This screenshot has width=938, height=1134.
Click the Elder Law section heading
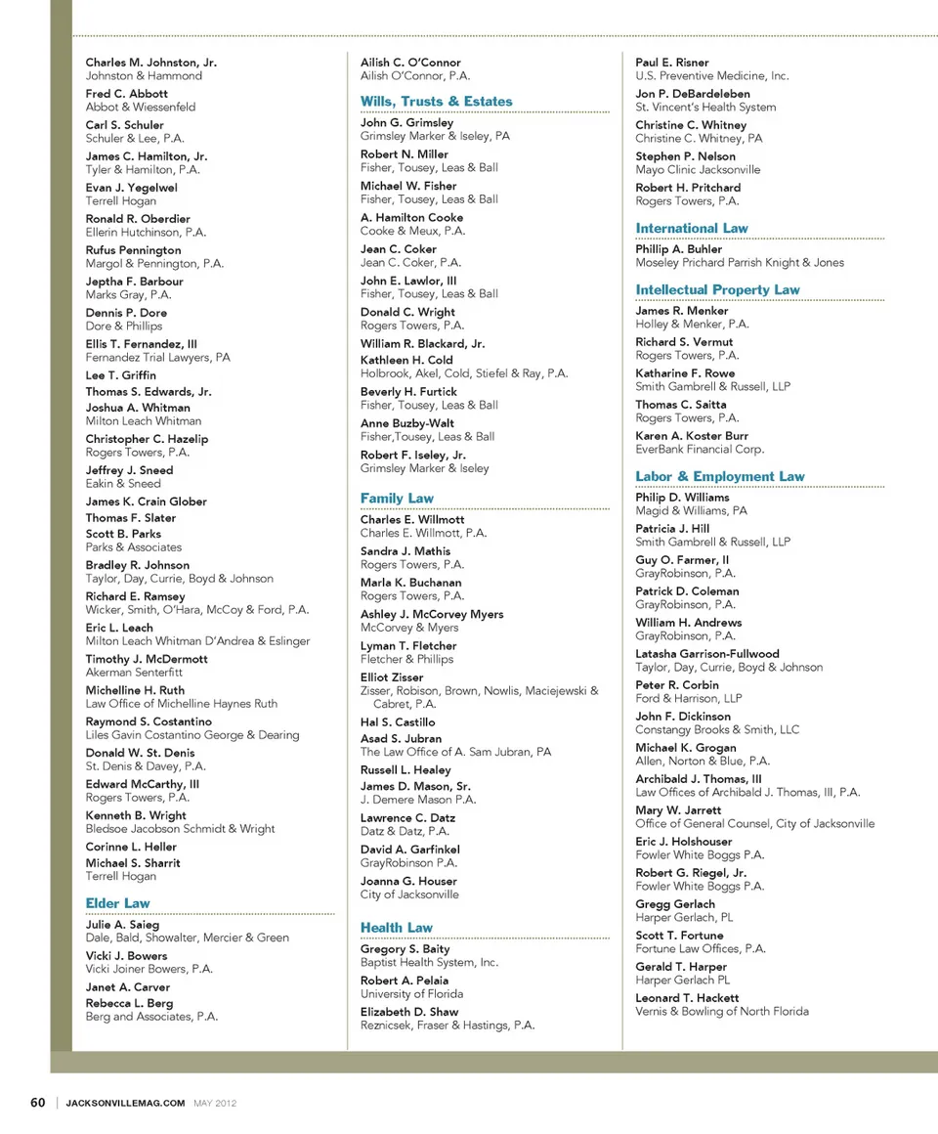coord(117,903)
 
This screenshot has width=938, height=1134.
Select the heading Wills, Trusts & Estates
coord(436,102)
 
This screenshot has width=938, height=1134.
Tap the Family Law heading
coord(396,499)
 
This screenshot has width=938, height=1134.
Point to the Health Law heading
coord(396,928)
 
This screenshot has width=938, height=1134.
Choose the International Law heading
coord(691,229)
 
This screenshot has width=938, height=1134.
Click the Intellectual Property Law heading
coord(717,290)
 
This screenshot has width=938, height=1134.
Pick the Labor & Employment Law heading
coord(719,477)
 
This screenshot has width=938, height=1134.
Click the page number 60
coord(38,1103)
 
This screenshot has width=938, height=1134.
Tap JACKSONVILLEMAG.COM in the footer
coord(125,1104)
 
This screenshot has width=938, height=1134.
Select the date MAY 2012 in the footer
coord(215,1104)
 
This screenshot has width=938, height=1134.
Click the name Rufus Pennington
coord(133,250)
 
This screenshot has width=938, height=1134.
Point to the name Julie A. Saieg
coord(122,925)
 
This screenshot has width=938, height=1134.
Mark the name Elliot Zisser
coord(392,677)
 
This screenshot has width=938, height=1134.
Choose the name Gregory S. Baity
coord(405,949)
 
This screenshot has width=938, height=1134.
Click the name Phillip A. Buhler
coord(678,249)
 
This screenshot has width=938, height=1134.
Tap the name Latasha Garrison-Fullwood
coord(706,654)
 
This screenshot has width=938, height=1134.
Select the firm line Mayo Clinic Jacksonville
coord(697,170)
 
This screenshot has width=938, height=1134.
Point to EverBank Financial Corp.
coord(700,450)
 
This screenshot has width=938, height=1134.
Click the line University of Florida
coord(411,994)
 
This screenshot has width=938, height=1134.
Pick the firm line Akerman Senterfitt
coord(133,673)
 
